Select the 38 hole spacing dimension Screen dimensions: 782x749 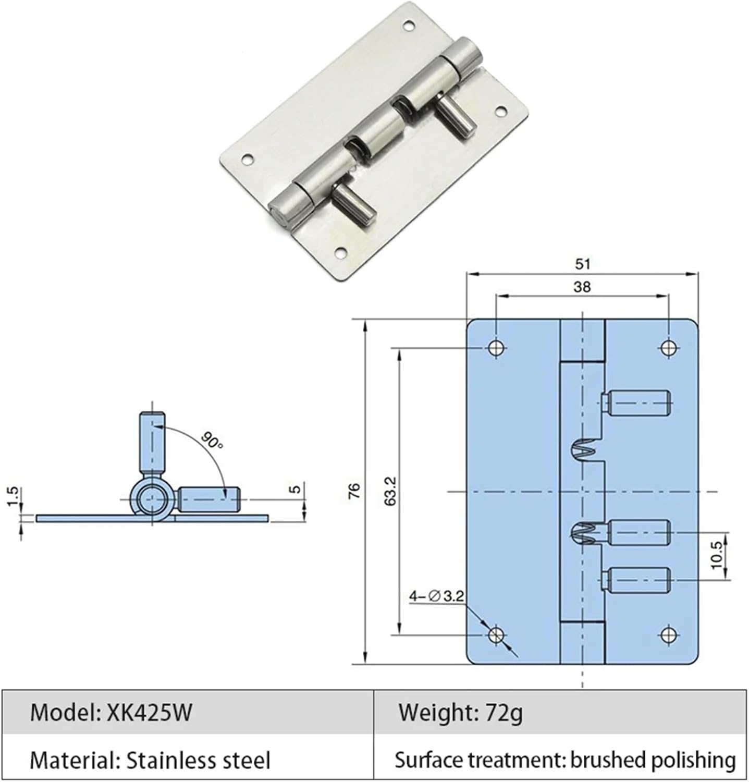582,287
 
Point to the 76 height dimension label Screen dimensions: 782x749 354,491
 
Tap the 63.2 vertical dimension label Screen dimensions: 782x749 391,491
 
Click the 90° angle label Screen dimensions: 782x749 213,442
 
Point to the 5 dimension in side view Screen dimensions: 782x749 296,490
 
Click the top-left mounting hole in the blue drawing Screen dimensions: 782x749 496,348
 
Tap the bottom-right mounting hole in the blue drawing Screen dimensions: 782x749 668,634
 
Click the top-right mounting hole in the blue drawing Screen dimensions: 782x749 668,348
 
